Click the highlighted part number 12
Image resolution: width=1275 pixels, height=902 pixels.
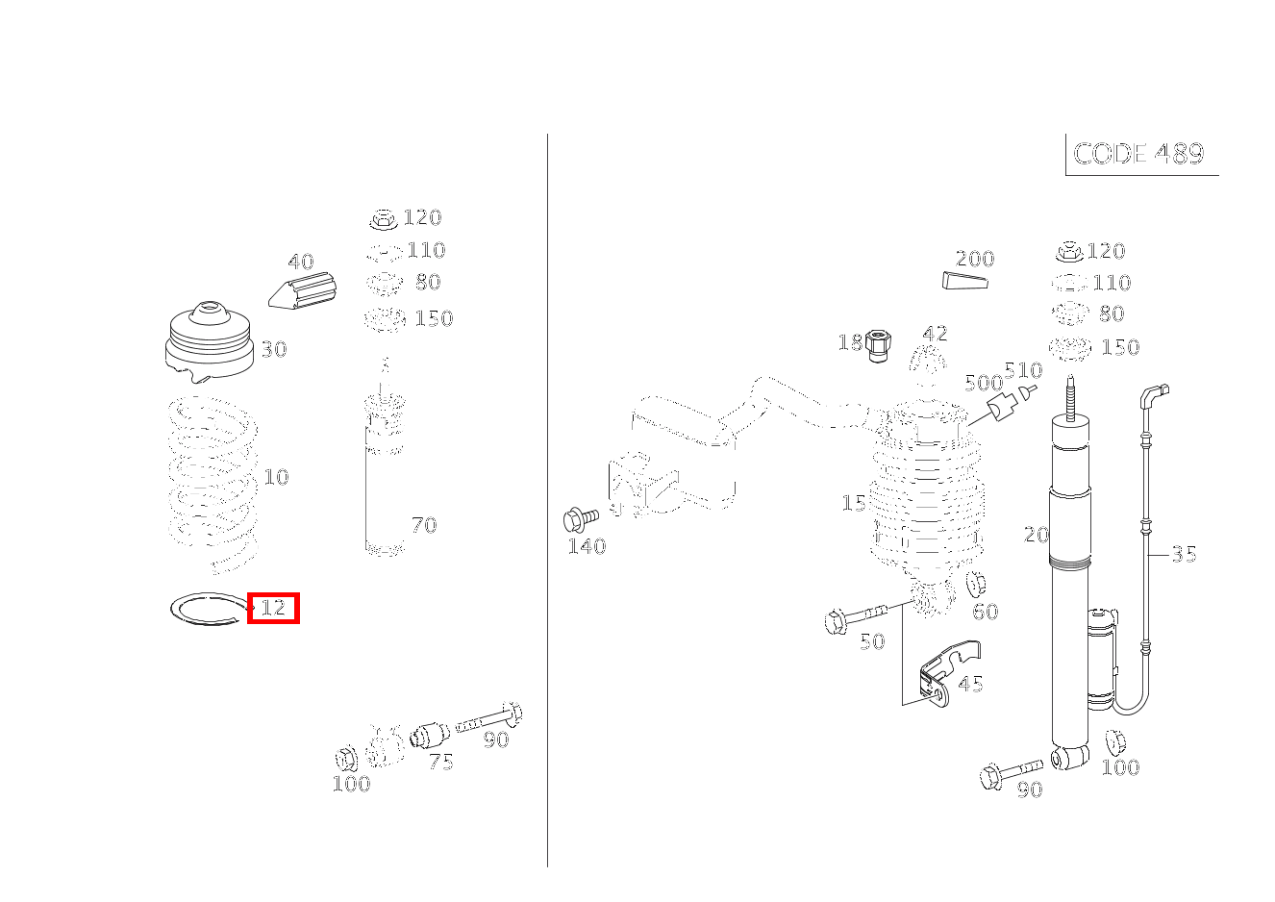(273, 608)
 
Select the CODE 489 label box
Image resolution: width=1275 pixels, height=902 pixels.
(1141, 154)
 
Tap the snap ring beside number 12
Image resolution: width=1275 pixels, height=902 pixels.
(209, 609)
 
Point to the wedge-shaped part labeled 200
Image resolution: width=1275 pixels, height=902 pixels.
(964, 281)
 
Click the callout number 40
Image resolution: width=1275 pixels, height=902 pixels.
(301, 262)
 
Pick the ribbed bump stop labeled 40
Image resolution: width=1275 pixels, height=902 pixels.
(302, 291)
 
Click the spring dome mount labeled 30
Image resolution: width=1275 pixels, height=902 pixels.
(211, 340)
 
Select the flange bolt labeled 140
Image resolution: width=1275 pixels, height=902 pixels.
(581, 519)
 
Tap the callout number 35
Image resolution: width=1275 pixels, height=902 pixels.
(1184, 554)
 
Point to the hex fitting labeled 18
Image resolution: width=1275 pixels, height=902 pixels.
(878, 345)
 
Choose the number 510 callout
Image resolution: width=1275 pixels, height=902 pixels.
(1023, 370)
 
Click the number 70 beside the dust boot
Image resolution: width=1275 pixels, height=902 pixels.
(424, 525)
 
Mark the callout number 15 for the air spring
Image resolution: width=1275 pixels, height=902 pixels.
(854, 503)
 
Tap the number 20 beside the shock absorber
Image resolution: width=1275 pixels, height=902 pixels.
(1036, 535)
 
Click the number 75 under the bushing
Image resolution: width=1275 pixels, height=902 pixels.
(441, 762)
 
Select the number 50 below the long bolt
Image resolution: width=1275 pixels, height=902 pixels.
(872, 641)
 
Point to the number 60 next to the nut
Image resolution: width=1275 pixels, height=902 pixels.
(986, 612)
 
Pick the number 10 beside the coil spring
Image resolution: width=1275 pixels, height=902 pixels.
(276, 477)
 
